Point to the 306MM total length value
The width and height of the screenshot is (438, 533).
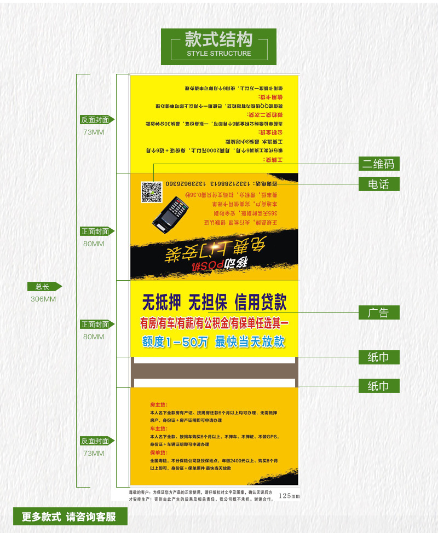(43, 299)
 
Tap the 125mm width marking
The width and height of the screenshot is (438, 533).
(289, 496)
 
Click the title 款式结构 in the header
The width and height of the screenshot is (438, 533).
(218, 39)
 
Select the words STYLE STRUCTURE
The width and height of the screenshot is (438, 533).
(218, 54)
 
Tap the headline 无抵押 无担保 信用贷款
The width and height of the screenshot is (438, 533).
(214, 303)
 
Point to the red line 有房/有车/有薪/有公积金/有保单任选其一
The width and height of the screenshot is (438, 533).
(214, 323)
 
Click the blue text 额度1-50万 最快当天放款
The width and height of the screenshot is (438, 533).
(214, 342)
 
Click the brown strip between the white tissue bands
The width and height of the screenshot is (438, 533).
(214, 370)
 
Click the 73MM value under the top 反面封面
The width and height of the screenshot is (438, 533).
(94, 132)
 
